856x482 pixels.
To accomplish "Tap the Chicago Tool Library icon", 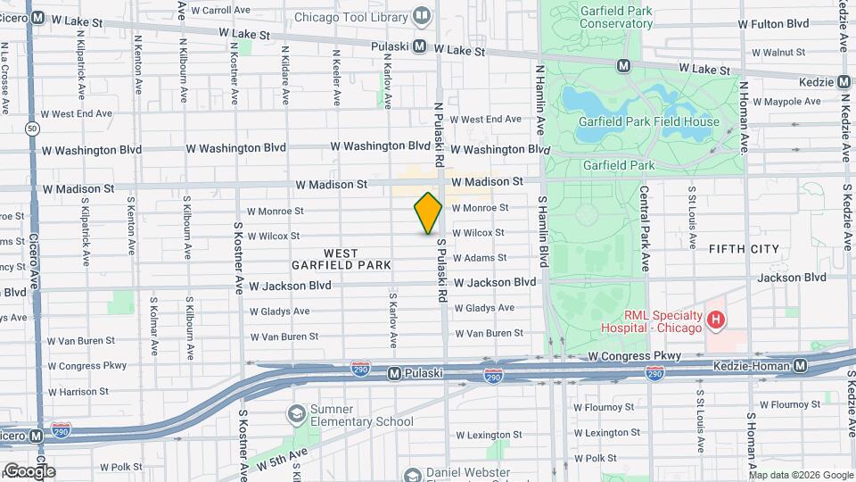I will coord(421,15).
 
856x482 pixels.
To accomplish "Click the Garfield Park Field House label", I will coord(648,121).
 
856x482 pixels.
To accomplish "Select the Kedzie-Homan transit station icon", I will coord(801,366).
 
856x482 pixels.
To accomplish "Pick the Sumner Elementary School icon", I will coord(296,414).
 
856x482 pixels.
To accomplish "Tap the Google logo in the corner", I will coord(29,470).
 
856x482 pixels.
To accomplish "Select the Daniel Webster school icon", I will coord(412,475).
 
